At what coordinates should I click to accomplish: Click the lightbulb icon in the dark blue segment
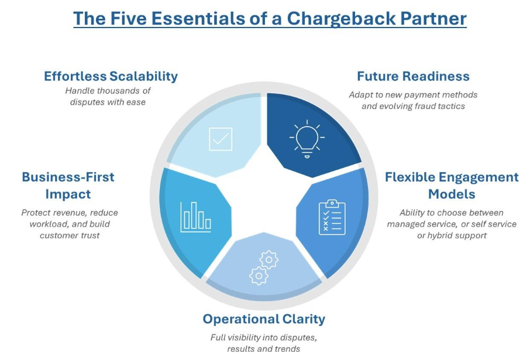tap(307, 139)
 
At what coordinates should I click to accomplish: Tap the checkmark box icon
tap(221, 139)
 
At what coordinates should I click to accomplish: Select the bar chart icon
tap(196, 217)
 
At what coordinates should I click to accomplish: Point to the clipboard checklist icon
tap(332, 217)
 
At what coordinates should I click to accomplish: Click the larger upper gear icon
tap(269, 260)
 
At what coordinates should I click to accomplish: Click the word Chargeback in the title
tap(341, 18)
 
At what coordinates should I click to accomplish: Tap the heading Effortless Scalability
tap(111, 76)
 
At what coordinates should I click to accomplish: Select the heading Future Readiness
tap(414, 76)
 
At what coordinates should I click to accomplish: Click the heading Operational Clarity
tap(264, 318)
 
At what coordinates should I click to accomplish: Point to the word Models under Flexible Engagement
tap(452, 194)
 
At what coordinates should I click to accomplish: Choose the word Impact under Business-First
tap(68, 194)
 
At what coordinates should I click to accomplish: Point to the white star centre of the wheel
tap(264, 200)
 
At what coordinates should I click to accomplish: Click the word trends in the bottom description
tap(288, 349)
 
